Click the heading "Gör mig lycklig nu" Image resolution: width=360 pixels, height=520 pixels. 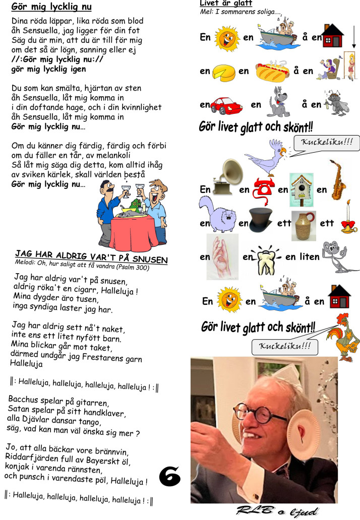[51, 8]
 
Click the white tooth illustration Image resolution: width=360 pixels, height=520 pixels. [267, 258]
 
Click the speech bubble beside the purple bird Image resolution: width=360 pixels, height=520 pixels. [326, 143]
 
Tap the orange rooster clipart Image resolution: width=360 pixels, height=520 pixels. [343, 335]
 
